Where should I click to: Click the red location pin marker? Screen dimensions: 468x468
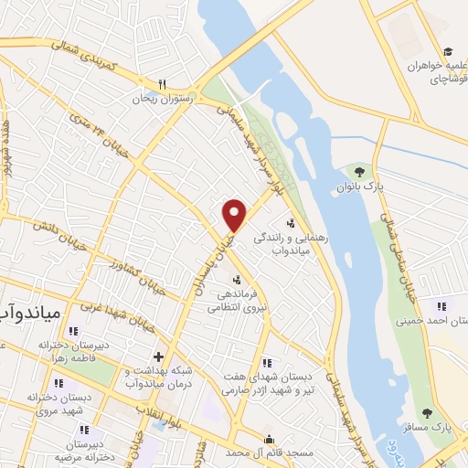point(235,215)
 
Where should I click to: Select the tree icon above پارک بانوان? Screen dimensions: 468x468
point(358,170)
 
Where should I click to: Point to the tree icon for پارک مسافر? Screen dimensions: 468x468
point(428,413)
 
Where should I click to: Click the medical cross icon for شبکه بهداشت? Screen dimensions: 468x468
point(159,356)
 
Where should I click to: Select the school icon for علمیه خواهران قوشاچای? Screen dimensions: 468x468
point(447,52)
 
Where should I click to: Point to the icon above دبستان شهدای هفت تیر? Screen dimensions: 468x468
point(266,363)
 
